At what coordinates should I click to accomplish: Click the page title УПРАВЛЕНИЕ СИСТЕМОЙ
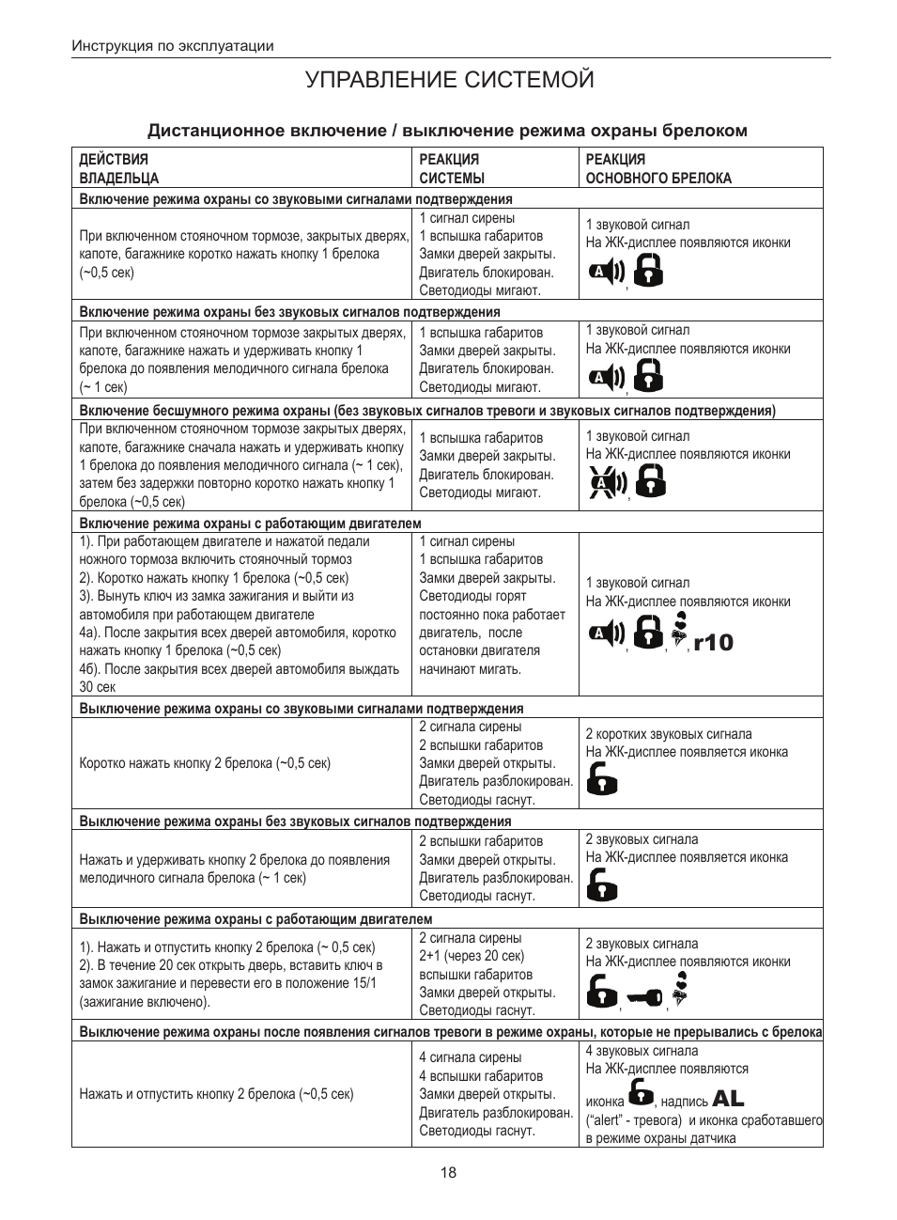click(449, 80)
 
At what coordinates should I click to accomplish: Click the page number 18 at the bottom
click(448, 1172)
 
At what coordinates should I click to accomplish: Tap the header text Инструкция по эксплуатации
click(173, 46)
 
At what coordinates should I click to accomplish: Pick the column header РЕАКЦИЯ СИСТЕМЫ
click(452, 168)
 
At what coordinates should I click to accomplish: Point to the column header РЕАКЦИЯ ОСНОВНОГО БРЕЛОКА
click(658, 168)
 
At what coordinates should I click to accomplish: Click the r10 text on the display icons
click(714, 643)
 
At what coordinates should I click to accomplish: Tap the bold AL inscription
click(728, 1098)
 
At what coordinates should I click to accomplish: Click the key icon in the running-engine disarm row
click(644, 998)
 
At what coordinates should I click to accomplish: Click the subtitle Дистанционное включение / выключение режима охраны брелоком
click(447, 131)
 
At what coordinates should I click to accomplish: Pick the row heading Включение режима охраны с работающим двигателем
click(250, 524)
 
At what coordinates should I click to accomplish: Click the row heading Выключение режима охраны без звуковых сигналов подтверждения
click(295, 821)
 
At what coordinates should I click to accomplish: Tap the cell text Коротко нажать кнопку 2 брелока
click(205, 763)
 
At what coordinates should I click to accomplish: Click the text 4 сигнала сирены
click(470, 1057)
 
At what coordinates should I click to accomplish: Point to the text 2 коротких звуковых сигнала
click(669, 734)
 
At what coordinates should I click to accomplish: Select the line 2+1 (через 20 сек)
click(471, 956)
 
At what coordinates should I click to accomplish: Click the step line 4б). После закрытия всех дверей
click(240, 669)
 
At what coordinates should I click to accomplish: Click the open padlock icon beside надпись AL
click(641, 1093)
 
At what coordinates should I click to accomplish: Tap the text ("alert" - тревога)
click(634, 1120)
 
